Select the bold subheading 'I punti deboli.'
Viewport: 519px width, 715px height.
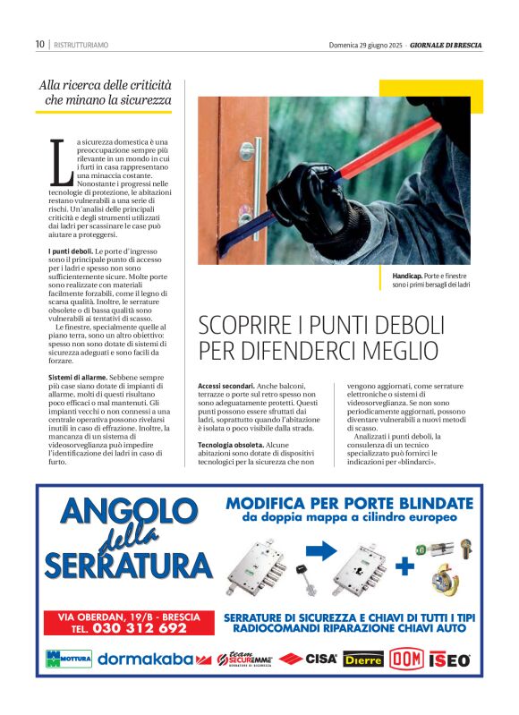[x=69, y=253]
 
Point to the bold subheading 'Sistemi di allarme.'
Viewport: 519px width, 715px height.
[x=78, y=379]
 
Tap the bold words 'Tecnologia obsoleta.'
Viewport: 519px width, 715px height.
[x=230, y=445]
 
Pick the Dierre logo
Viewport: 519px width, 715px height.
[x=363, y=660]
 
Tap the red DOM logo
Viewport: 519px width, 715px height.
[x=406, y=660]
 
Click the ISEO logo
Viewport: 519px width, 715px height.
[x=449, y=660]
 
